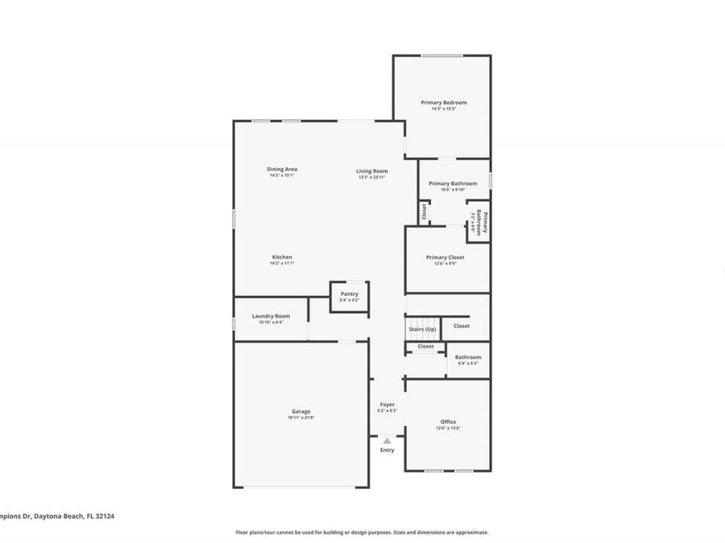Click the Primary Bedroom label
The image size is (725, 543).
[443, 102]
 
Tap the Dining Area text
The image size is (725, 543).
[282, 169]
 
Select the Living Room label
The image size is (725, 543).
[372, 171]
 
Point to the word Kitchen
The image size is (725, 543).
[281, 257]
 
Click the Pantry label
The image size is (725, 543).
[349, 294]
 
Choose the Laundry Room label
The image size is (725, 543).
[271, 316]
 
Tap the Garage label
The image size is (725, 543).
[300, 411]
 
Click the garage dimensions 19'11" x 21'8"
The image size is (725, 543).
[300, 418]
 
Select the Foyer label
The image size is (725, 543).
[387, 404]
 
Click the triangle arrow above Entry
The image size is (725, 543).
[387, 441]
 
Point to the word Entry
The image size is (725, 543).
[387, 450]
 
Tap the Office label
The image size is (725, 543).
[448, 422]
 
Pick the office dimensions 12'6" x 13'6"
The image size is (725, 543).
[448, 428]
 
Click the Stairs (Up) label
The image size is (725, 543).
[422, 329]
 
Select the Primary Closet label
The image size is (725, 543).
[445, 257]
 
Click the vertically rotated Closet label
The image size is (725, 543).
[423, 212]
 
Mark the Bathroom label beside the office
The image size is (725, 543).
[468, 357]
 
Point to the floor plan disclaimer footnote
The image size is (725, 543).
[362, 532]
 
